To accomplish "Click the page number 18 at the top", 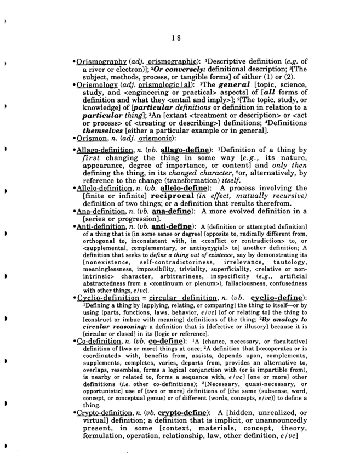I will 175,38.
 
